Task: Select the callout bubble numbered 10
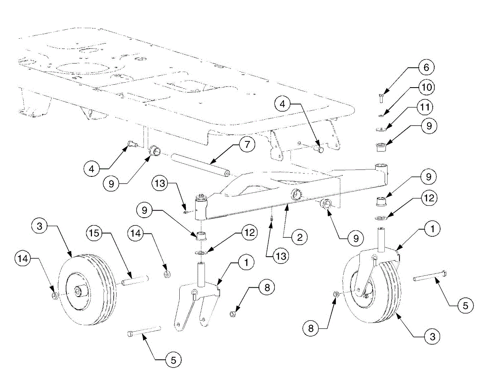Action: (x=426, y=87)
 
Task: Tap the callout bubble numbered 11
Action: (x=426, y=107)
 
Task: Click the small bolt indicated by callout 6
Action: (x=380, y=98)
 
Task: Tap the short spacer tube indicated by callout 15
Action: (x=134, y=281)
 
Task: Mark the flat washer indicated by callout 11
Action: (x=381, y=130)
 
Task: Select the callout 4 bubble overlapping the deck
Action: (x=282, y=104)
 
